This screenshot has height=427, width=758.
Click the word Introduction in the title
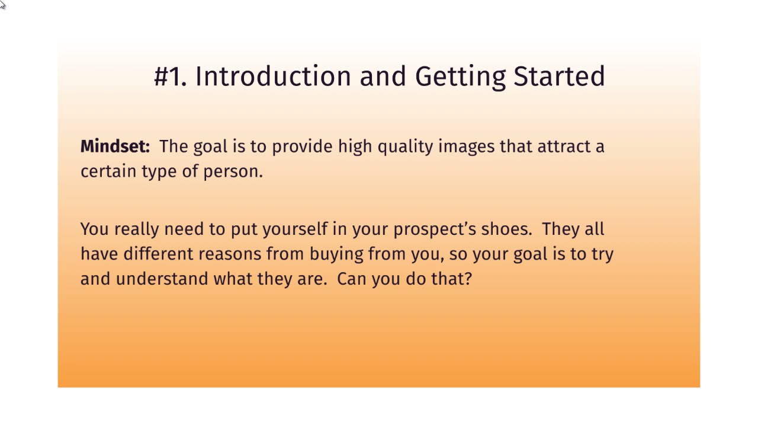[273, 77]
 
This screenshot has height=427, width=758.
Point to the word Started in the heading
[559, 77]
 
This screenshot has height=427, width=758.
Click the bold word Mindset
[115, 146]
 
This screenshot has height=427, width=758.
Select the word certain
[108, 171]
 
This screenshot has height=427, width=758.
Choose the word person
[233, 173]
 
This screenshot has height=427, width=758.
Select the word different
[158, 254]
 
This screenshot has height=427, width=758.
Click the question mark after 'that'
[468, 279]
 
